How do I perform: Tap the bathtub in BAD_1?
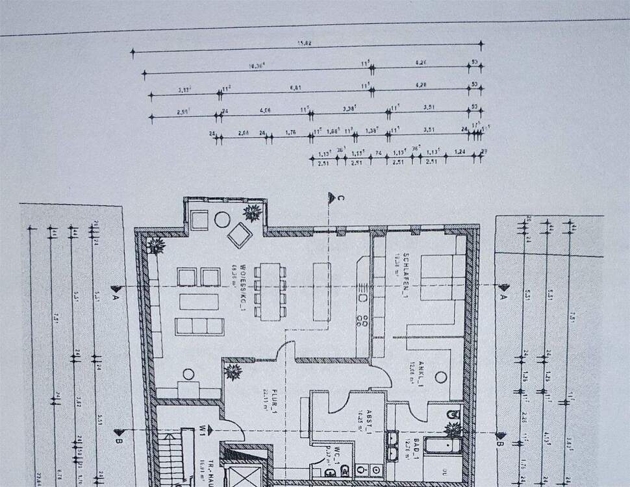442,446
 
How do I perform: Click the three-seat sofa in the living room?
199,327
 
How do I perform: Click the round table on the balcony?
222,219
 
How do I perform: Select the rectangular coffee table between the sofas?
199,302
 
